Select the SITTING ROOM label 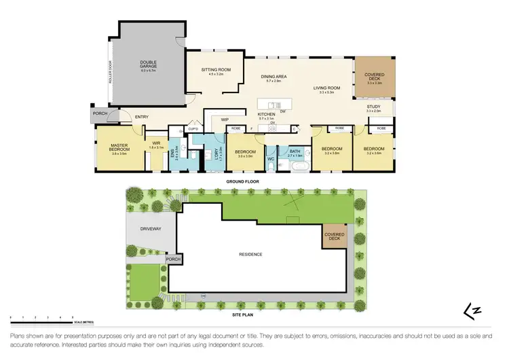point(216,70)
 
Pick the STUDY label point(374,107)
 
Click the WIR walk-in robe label point(155,143)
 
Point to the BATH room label point(295,151)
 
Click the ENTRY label point(141,117)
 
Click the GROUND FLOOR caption point(239,182)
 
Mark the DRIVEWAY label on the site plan point(150,229)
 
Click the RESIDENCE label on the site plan point(250,254)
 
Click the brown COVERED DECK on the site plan point(333,237)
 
